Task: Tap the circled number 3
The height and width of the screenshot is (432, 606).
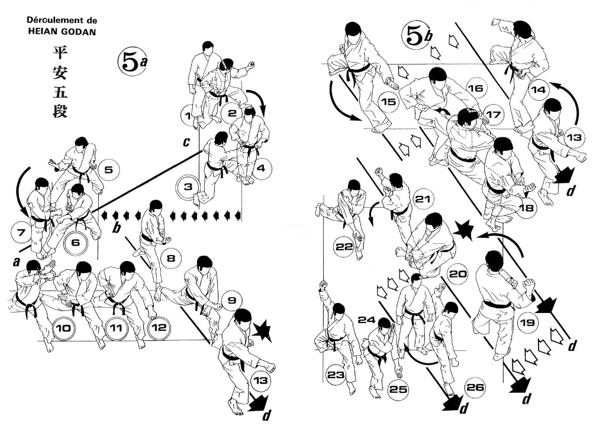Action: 188,188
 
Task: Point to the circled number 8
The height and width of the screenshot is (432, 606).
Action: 170,259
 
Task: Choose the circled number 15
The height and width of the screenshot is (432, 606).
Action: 389,102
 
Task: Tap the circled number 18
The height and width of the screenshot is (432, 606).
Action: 526,208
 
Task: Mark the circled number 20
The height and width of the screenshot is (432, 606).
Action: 458,274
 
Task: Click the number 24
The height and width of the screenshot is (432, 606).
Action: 367,320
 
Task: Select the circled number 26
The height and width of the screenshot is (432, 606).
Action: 475,388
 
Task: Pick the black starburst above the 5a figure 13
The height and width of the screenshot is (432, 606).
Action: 261,333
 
